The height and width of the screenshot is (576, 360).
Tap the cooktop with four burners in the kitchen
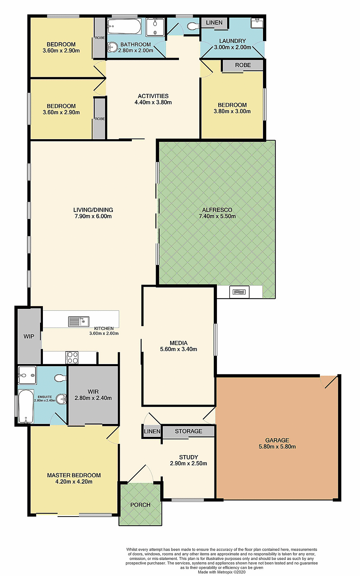click(x=72, y=357)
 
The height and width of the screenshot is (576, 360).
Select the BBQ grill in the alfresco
click(x=239, y=292)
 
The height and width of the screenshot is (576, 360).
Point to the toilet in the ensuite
click(x=60, y=378)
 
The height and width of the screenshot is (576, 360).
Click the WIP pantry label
click(x=29, y=336)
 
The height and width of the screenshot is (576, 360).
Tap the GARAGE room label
click(x=277, y=440)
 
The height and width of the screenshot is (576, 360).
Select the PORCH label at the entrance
click(x=140, y=505)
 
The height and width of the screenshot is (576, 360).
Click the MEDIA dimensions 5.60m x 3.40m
click(x=179, y=349)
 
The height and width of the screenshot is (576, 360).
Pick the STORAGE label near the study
click(x=188, y=431)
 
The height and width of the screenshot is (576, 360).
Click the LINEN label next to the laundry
click(x=214, y=22)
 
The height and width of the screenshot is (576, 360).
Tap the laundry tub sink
click(x=257, y=24)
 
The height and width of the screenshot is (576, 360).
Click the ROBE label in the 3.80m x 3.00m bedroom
click(x=243, y=65)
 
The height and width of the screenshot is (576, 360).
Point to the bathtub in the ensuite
click(x=26, y=407)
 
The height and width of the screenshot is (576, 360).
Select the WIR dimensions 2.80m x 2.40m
click(x=93, y=398)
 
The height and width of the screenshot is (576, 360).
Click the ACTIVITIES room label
click(x=153, y=96)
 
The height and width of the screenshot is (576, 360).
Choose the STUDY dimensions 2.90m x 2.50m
click(x=188, y=464)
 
